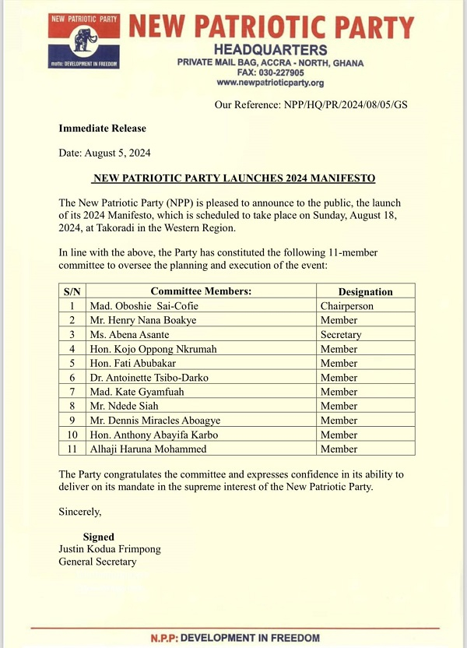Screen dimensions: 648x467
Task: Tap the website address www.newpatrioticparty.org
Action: coord(269,83)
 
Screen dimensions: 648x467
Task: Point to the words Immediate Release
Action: coord(102,129)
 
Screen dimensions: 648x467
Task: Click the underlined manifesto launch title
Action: coord(233,178)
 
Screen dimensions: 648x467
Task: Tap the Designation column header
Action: coord(365,291)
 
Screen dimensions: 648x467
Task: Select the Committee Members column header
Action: coord(201,291)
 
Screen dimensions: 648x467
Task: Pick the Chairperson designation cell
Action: coord(347,306)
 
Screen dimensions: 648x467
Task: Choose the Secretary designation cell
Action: coord(342,335)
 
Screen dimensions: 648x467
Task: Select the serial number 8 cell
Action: coord(72,406)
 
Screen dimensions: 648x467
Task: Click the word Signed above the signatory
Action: coord(99,537)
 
